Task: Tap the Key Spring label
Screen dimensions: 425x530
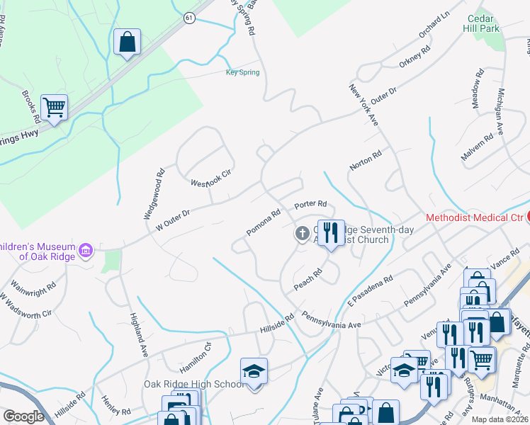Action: point(242,72)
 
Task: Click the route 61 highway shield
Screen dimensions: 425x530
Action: point(188,18)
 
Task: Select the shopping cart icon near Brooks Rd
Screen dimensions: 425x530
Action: point(54,108)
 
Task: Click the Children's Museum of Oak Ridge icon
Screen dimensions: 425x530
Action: point(86,249)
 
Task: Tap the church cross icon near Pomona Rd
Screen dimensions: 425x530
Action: point(303,232)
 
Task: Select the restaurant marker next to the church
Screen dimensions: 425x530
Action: point(330,232)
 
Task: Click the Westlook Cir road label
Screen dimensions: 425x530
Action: point(211,177)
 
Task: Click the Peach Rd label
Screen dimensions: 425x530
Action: point(308,280)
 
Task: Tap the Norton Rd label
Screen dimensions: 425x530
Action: point(366,161)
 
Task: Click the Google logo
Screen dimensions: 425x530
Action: point(24,416)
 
